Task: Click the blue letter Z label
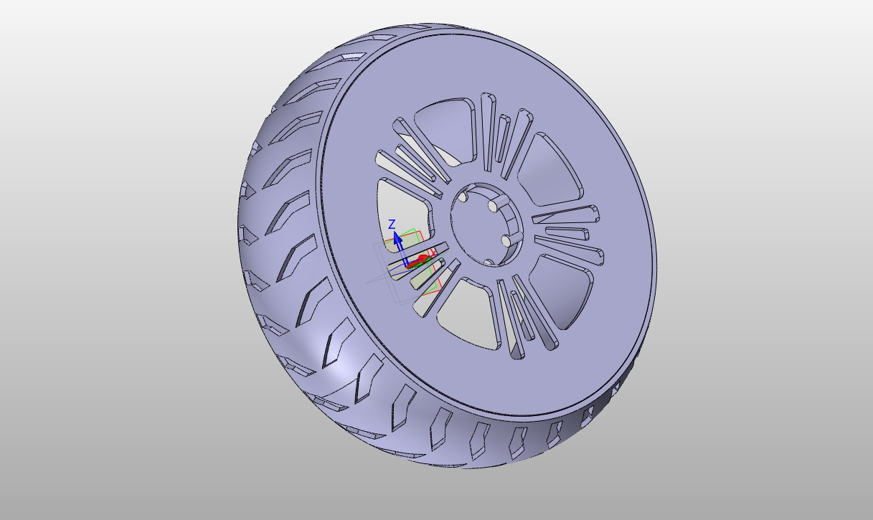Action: (392, 224)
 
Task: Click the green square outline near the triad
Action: (409, 235)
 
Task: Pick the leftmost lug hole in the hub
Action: (463, 197)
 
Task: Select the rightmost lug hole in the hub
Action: (506, 241)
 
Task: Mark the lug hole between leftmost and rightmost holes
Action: (494, 207)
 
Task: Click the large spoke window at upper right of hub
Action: (552, 169)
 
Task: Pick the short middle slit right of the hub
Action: (567, 233)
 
